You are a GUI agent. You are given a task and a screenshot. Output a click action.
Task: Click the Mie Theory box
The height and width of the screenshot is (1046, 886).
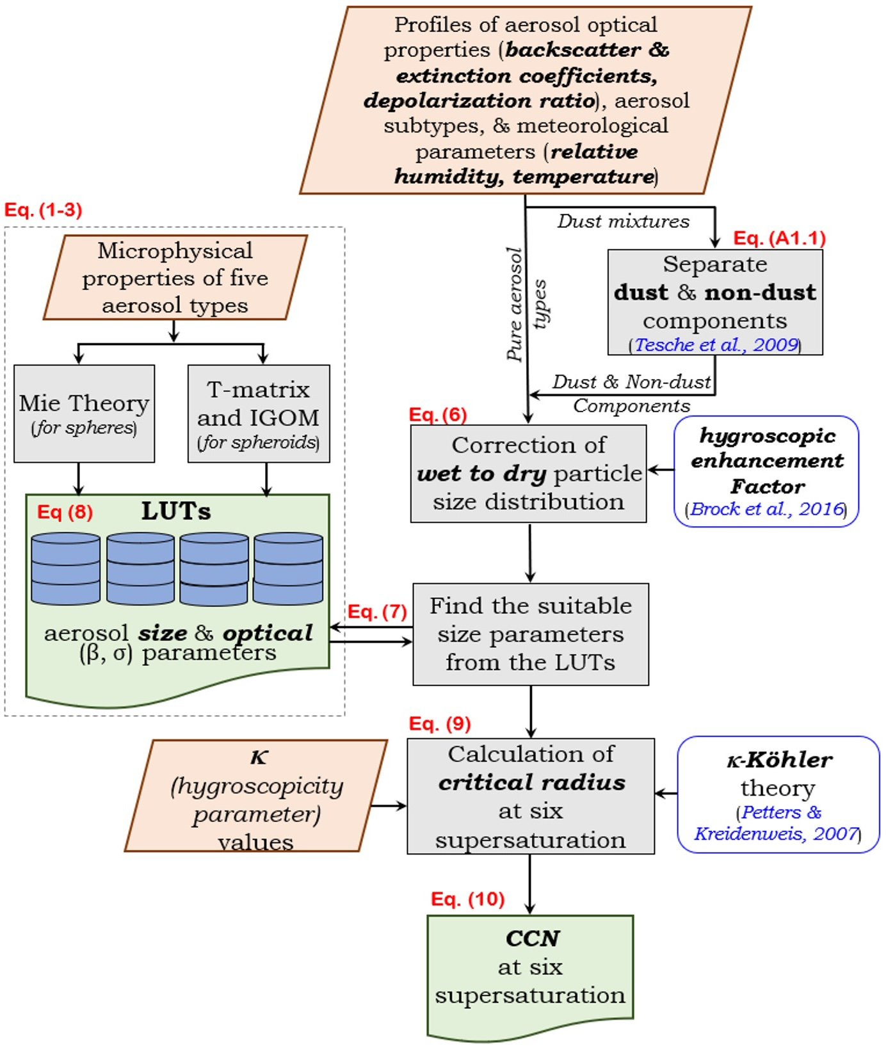click(84, 414)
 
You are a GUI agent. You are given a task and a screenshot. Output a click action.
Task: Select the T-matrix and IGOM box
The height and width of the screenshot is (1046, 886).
click(259, 414)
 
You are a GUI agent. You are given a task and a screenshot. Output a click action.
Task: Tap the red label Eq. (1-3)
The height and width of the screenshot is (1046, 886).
click(44, 210)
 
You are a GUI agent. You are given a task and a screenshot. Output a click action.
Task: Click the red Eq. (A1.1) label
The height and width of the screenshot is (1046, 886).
click(779, 238)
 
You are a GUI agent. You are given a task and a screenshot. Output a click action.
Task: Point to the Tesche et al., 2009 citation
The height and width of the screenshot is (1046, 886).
click(716, 344)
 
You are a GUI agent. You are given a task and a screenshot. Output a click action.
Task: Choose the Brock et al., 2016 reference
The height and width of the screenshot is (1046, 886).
click(766, 509)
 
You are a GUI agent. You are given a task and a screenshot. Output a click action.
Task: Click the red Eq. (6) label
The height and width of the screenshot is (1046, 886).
click(438, 415)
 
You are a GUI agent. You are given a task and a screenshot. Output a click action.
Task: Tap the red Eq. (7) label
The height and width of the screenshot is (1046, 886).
click(377, 611)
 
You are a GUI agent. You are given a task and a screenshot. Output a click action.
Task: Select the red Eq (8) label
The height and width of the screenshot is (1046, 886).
click(65, 512)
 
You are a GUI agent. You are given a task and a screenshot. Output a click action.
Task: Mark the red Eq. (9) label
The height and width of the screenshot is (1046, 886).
click(440, 723)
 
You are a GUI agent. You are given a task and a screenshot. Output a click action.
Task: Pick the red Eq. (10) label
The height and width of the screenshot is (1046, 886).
click(467, 899)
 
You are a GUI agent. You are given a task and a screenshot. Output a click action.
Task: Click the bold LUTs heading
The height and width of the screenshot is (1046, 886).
click(176, 511)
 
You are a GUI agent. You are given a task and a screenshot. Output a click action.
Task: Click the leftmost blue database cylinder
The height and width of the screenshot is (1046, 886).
click(66, 569)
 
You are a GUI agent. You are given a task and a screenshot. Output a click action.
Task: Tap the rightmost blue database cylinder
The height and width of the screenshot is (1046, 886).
click(288, 569)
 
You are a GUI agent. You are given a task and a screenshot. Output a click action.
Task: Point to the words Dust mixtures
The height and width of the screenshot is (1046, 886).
click(623, 221)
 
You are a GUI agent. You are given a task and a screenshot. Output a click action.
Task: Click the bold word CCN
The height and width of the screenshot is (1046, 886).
click(532, 938)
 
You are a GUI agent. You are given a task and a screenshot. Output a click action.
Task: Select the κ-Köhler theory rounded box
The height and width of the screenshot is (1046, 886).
click(778, 794)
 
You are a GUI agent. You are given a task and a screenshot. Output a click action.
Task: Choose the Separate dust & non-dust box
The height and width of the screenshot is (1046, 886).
click(715, 302)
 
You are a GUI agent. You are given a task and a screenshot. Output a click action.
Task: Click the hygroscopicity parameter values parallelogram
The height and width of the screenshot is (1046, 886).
click(256, 796)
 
